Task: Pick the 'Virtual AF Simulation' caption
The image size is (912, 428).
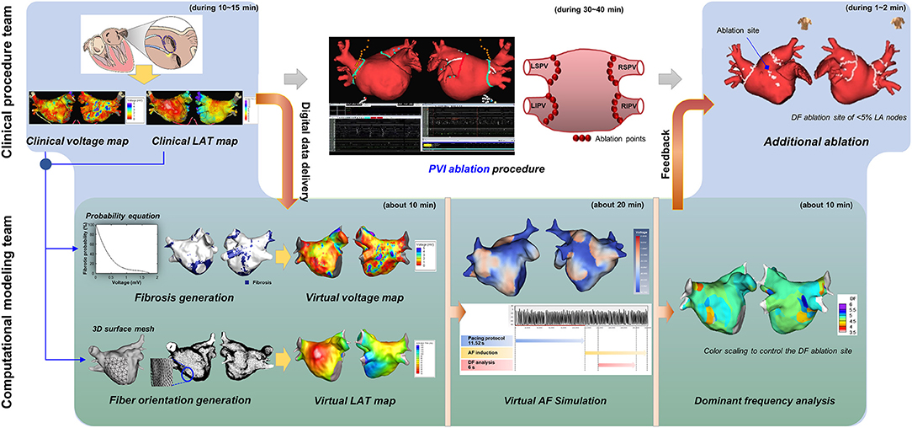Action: (x=552, y=402)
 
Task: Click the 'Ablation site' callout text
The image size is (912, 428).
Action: (x=738, y=31)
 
